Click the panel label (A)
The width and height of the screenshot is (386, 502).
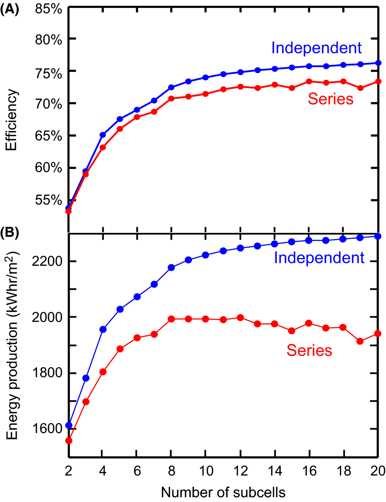[9, 8]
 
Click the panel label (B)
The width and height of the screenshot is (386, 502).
[9, 232]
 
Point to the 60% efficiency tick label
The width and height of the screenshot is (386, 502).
[49, 168]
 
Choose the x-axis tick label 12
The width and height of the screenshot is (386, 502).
[240, 471]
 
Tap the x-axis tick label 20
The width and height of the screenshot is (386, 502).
[377, 471]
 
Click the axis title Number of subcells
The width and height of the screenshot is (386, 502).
[223, 493]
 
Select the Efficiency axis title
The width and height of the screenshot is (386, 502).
[12, 120]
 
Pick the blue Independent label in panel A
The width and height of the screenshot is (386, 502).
[316, 48]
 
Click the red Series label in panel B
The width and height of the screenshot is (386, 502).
[309, 351]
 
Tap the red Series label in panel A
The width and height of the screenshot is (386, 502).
[330, 99]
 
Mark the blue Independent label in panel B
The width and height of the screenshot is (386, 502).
[319, 258]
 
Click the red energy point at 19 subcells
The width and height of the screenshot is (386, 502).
[360, 341]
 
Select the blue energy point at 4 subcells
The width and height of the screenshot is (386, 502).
[103, 329]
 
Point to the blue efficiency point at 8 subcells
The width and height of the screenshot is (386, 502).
[171, 88]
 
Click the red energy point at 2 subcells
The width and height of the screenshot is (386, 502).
[69, 441]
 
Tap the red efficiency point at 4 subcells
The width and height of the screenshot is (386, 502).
[103, 147]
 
